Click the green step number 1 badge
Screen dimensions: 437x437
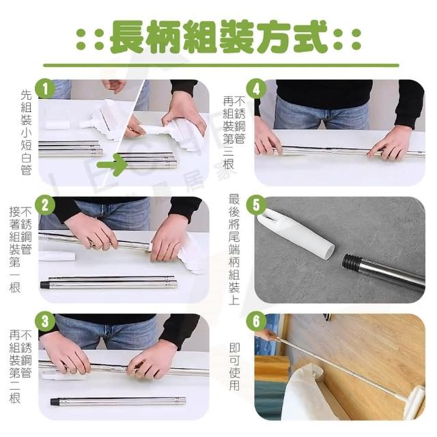point(45,89)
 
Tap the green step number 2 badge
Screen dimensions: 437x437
point(45,206)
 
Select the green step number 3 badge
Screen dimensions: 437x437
point(45,322)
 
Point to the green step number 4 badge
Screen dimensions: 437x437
point(256,89)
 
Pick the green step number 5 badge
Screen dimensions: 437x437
point(256,206)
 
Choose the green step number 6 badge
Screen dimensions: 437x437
point(256,322)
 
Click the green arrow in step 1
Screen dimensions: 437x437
point(112,165)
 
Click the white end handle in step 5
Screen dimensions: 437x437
point(296,233)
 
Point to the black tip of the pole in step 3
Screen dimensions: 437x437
point(55,401)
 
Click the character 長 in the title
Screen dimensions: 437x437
point(128,37)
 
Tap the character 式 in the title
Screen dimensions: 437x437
point(309,37)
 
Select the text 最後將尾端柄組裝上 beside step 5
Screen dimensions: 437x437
point(234,249)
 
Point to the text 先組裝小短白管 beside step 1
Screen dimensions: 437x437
point(26,132)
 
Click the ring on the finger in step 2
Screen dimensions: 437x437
point(92,246)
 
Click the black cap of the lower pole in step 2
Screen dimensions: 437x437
point(44,285)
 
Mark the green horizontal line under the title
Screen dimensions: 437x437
point(221,66)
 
